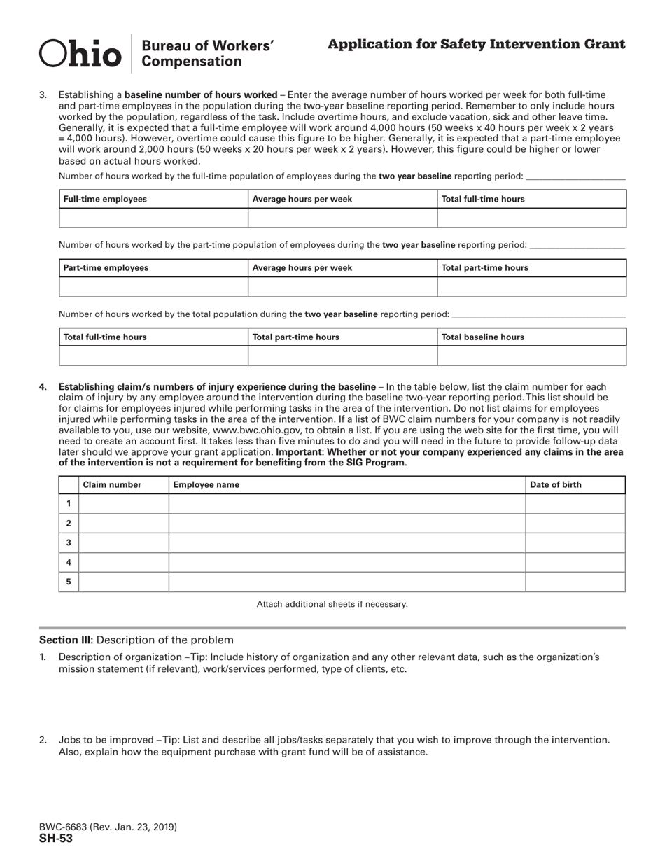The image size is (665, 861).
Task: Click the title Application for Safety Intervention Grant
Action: point(476,45)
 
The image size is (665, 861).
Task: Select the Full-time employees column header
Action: point(105,199)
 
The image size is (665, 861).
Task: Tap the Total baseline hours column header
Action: point(483,337)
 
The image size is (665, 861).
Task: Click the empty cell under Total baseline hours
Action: point(531,356)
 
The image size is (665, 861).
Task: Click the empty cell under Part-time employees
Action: point(153,286)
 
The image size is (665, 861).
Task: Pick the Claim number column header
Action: point(112,484)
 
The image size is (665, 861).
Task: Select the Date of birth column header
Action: point(556,484)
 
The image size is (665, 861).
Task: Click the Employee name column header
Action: point(206,484)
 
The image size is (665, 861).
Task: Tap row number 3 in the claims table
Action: point(69,542)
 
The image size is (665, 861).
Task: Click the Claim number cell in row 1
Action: point(123,503)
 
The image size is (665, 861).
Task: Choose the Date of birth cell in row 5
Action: point(575,582)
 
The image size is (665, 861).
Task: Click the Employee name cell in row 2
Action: point(346,523)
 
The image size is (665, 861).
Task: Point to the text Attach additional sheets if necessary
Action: point(332,603)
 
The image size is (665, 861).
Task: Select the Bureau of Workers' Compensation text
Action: point(207,54)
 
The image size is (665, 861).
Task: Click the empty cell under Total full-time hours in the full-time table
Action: point(531,218)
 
